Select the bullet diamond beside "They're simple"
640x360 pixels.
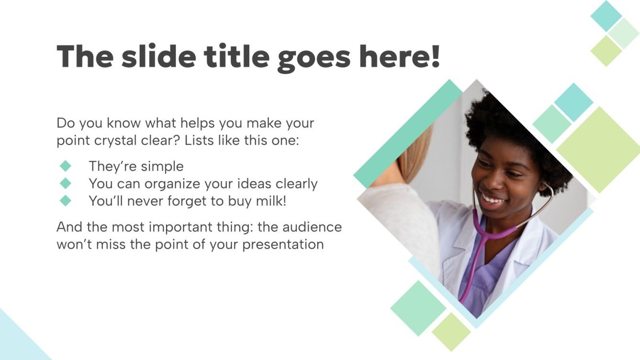coord(66,166)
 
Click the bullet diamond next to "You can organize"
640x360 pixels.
coord(66,183)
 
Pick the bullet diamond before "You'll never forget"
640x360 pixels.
coord(66,200)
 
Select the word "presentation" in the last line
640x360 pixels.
coord(283,244)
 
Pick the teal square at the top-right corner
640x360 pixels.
coord(606,16)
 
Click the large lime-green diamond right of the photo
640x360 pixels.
coord(598,149)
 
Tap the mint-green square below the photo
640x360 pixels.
coord(418,307)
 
